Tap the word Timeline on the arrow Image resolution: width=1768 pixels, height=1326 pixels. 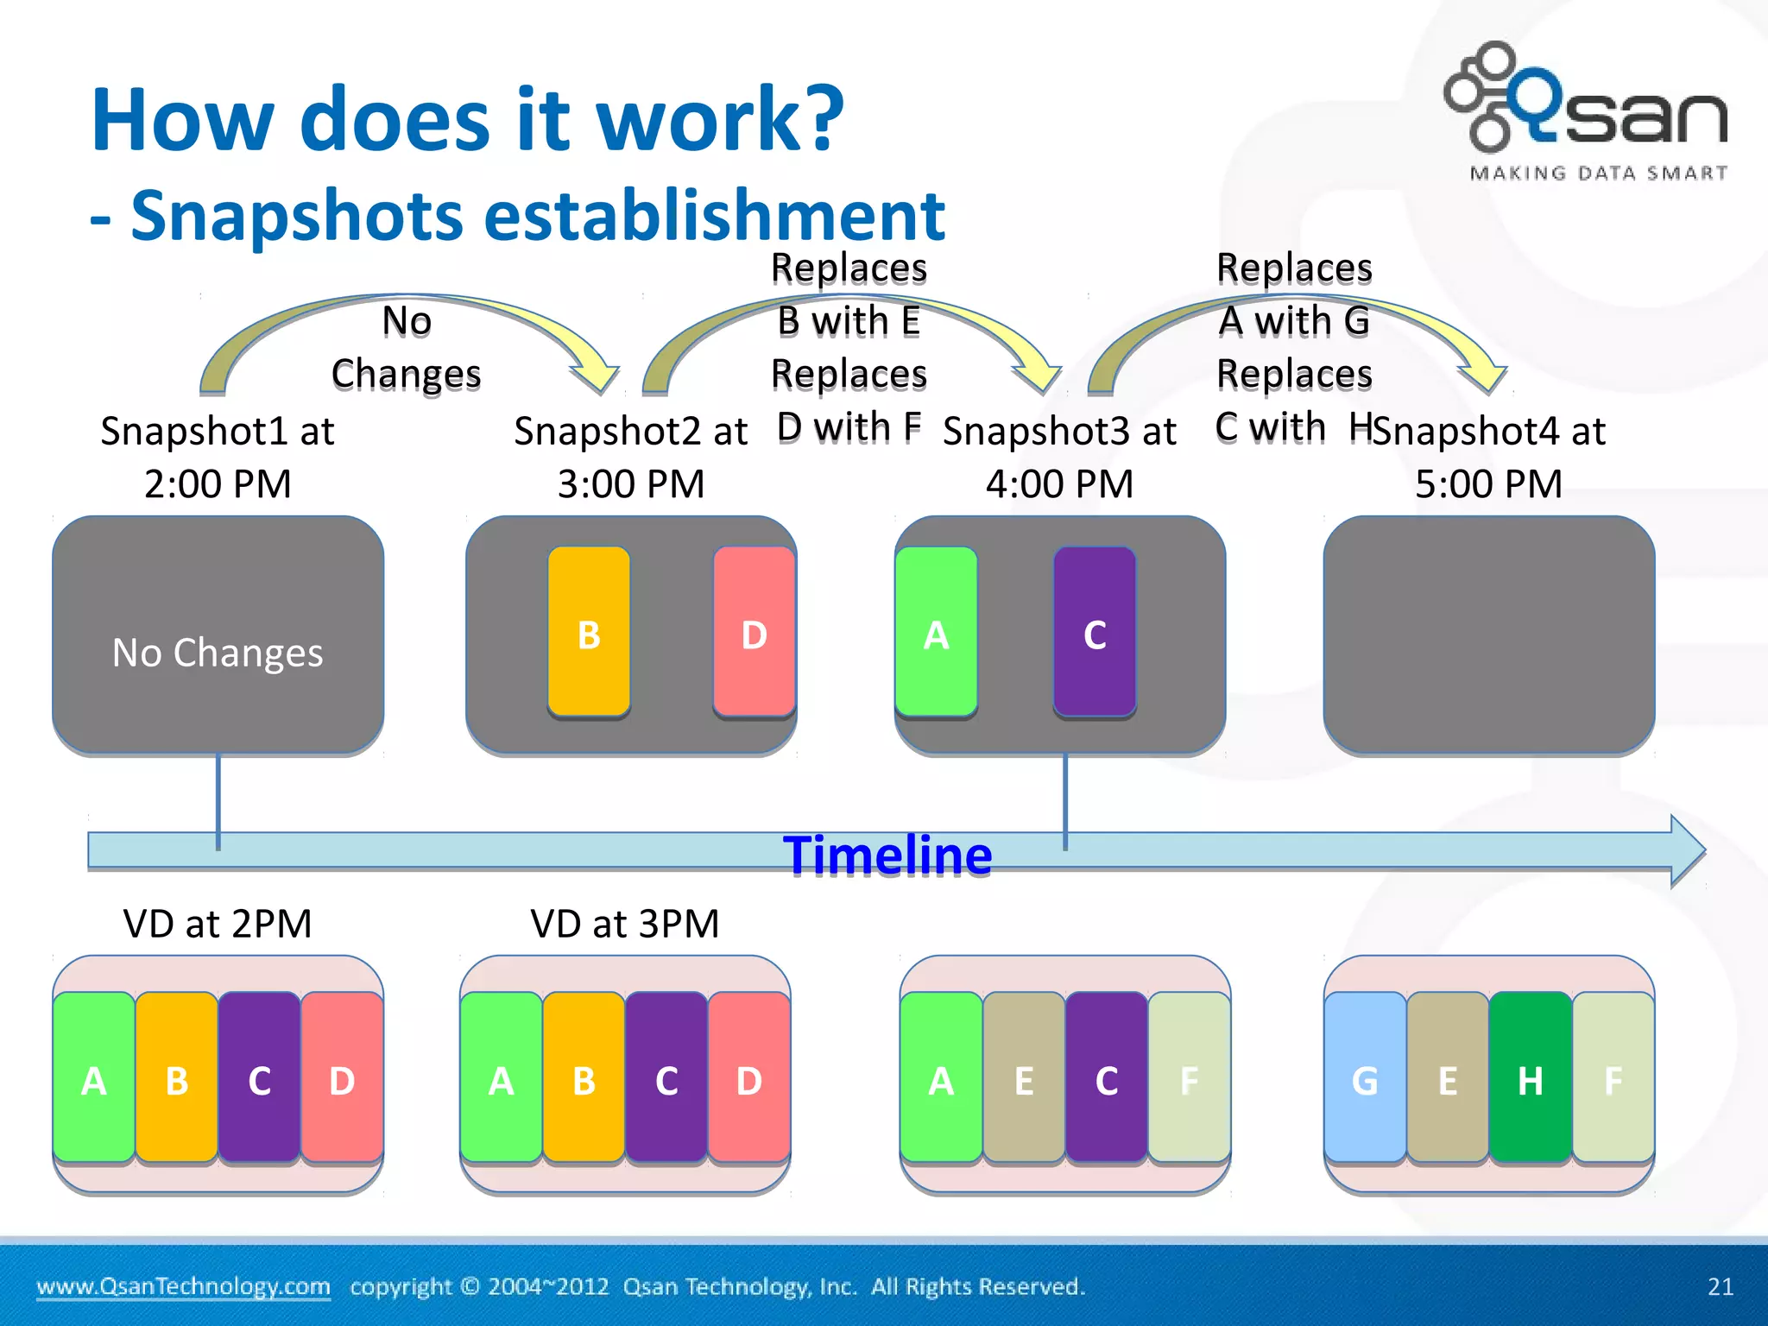point(887,856)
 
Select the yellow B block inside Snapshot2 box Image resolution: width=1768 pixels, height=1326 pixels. point(589,632)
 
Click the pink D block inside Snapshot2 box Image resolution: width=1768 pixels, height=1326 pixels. point(754,632)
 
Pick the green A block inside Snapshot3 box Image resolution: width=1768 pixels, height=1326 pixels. point(936,632)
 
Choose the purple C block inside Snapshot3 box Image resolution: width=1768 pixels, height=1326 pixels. point(1095,632)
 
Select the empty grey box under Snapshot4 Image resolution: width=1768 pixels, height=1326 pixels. point(1488,635)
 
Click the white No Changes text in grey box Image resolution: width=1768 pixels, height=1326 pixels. point(218,653)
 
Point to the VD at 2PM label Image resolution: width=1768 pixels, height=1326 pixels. point(218,924)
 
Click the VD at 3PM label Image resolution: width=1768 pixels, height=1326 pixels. point(625,924)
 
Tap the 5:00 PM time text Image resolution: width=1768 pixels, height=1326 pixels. point(1488,483)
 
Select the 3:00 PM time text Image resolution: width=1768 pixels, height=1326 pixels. point(631,483)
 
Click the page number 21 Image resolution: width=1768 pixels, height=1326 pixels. point(1720,1286)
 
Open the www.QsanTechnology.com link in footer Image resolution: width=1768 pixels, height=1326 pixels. point(183,1286)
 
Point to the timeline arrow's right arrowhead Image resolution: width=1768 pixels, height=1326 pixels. point(1687,851)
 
